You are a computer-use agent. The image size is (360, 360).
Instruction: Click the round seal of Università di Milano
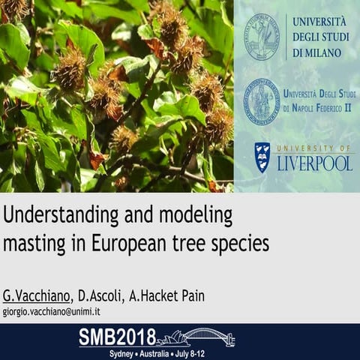(262, 37)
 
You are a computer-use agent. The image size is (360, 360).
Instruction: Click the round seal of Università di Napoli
(262, 100)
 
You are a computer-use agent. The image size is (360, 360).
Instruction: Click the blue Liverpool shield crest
(262, 157)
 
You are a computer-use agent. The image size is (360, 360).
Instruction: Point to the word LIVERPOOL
(314, 163)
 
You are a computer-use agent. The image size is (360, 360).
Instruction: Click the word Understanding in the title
(55, 217)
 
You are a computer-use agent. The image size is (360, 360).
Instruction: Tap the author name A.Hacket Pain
(171, 295)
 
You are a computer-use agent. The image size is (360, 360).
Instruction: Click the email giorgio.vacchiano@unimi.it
(52, 310)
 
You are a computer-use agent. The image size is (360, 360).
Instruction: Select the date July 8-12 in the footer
(206, 352)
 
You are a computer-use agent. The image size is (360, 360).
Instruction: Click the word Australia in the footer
(160, 352)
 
